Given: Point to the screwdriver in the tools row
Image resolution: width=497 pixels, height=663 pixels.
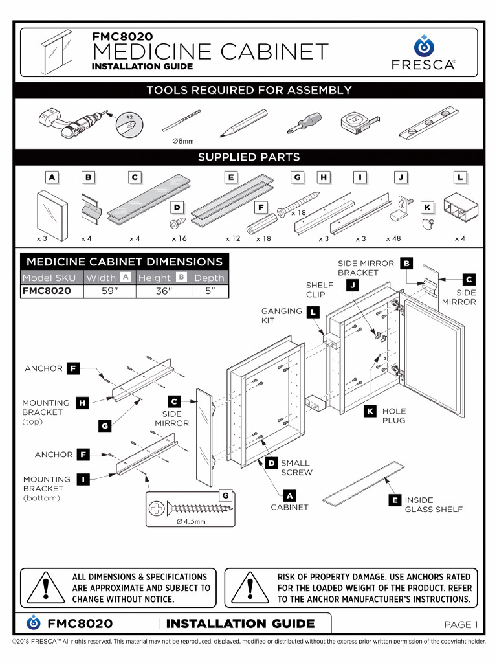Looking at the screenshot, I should point(301,122).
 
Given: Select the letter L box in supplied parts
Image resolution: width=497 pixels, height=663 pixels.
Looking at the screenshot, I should point(459,177).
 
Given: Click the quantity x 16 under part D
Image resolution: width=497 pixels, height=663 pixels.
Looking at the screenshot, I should point(179,239).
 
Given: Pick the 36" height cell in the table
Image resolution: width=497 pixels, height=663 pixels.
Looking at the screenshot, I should point(164,291).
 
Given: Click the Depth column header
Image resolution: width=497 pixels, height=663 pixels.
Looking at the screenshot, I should point(209,278).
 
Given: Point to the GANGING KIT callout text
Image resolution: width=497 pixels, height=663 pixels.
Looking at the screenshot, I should point(282,315).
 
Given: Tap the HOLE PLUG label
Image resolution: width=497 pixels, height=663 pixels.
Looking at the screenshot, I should point(393,416).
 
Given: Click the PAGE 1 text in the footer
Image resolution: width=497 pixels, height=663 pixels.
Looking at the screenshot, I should point(460,624).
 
